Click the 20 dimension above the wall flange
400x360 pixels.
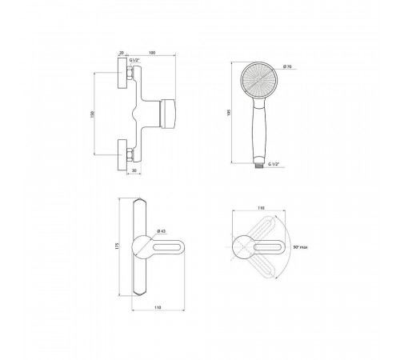pyautogui.click(x=122, y=53)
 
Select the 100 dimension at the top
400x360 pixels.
pyautogui.click(x=152, y=53)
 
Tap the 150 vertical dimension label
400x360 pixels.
pyautogui.click(x=93, y=114)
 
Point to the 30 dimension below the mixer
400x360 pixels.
pyautogui.click(x=134, y=170)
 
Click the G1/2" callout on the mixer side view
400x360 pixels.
pyautogui.click(x=134, y=60)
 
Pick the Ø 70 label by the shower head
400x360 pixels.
pyautogui.click(x=287, y=66)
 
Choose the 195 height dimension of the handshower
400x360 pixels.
pyautogui.click(x=229, y=113)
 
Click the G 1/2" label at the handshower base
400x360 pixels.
pyautogui.click(x=274, y=164)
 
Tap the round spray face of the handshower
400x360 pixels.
pyautogui.click(x=258, y=80)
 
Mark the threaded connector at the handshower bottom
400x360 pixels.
pyautogui.click(x=258, y=165)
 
